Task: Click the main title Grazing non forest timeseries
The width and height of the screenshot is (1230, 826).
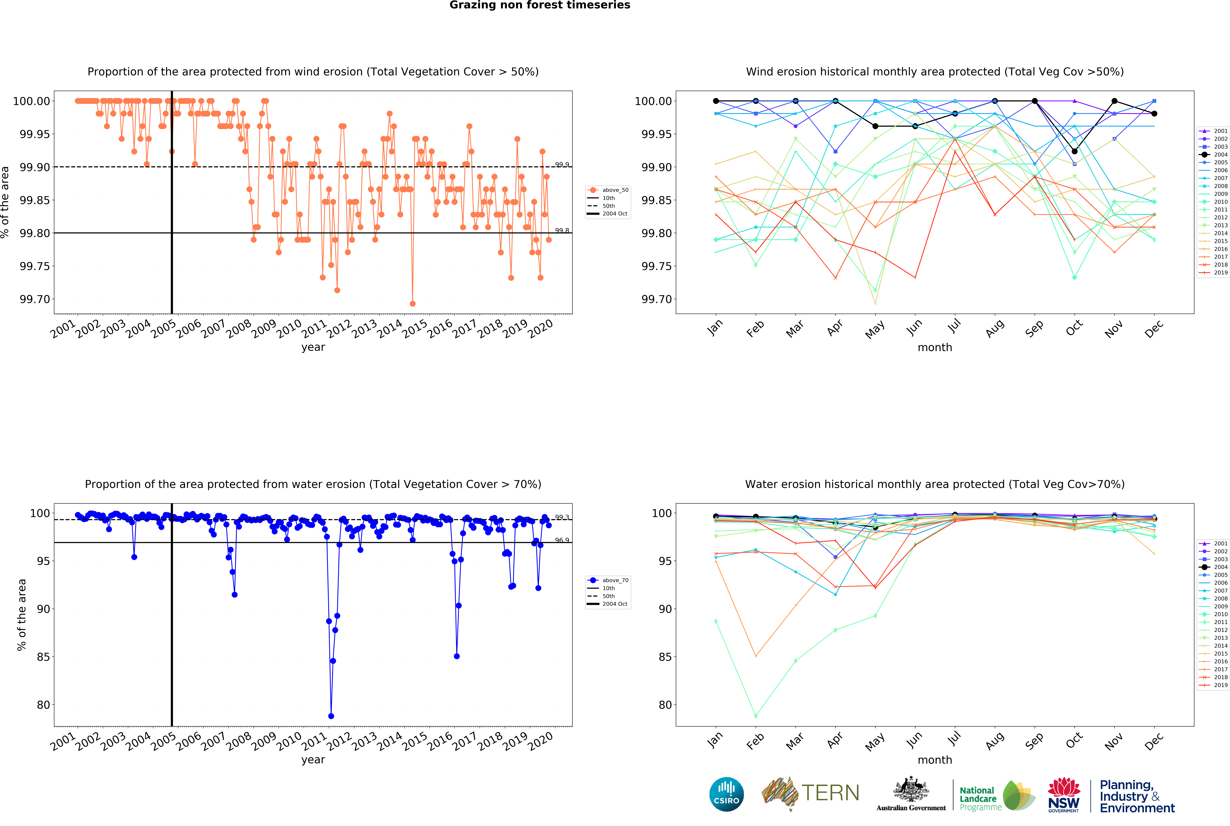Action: tap(540, 5)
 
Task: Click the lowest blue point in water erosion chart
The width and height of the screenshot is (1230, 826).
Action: tap(331, 716)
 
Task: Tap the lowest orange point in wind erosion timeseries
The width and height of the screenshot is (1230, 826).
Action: tap(413, 304)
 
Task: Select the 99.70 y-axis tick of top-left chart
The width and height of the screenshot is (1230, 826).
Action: tap(35, 299)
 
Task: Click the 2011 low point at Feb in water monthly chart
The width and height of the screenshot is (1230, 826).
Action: tap(756, 716)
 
